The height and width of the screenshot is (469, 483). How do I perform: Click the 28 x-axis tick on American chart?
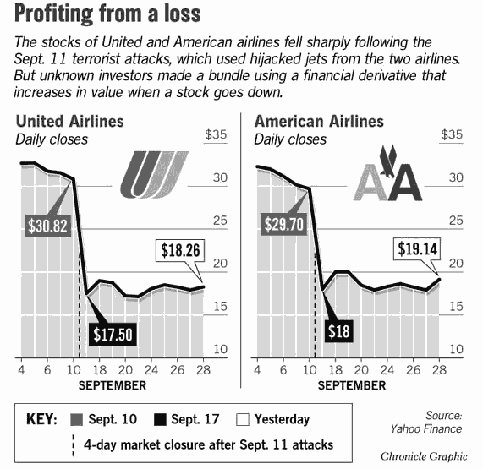point(438,369)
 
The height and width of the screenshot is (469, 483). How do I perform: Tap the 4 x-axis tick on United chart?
point(20,369)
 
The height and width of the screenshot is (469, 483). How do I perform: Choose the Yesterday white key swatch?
point(242,420)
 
